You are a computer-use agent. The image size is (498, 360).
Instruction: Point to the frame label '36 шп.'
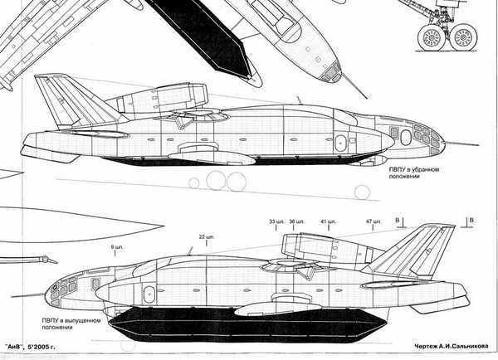(x=297, y=222)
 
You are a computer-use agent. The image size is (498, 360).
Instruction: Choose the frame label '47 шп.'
(x=373, y=222)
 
